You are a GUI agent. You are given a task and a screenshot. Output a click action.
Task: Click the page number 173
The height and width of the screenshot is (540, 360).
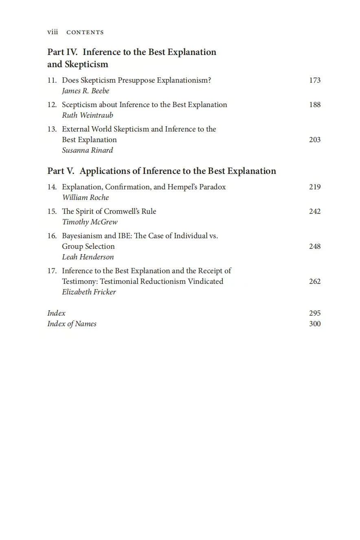point(315,80)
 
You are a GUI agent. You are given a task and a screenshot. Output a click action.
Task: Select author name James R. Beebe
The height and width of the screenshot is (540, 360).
point(86,91)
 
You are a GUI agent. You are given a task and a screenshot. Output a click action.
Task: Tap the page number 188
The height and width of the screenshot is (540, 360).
point(315,105)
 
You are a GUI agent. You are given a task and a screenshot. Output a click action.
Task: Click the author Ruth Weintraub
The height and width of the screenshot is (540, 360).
point(88,115)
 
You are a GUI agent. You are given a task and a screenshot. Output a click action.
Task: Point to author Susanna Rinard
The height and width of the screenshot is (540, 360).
point(88,150)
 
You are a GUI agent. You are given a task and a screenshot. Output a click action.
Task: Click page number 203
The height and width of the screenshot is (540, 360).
point(315,140)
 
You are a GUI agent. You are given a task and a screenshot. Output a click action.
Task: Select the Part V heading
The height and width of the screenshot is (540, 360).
point(162,171)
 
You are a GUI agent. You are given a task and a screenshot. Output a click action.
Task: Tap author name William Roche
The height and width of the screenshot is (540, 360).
point(86,198)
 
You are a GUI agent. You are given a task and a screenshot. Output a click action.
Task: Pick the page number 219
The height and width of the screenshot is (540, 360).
point(315,187)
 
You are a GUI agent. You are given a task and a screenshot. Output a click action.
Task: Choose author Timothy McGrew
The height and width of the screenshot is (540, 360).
point(90,222)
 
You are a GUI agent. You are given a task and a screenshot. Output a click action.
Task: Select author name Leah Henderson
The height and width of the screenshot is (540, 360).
point(88,257)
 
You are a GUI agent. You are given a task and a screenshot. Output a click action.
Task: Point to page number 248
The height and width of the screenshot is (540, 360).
point(315,246)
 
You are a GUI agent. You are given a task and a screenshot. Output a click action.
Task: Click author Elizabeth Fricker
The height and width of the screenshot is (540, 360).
point(89,292)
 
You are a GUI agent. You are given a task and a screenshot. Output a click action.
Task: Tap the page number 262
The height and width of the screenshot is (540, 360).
point(315,281)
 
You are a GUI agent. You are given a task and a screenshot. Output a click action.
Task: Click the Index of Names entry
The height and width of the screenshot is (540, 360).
point(72,324)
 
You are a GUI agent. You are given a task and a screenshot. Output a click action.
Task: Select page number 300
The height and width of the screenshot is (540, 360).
point(315,324)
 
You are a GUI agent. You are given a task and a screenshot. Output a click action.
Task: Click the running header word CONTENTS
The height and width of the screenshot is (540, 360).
point(85,33)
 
